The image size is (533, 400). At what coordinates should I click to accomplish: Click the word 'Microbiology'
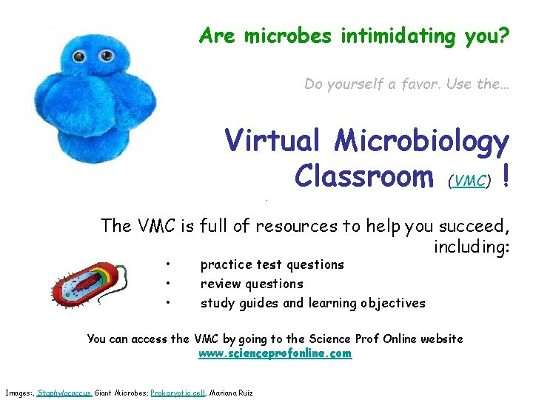(x=422, y=141)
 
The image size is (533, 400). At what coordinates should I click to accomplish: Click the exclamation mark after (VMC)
(x=504, y=176)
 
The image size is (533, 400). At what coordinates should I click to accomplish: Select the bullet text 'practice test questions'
(x=272, y=264)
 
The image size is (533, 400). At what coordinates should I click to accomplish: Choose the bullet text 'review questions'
(x=252, y=284)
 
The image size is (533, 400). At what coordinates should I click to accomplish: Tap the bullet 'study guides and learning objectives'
(x=312, y=302)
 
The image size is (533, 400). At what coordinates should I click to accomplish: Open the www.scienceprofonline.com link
(x=275, y=354)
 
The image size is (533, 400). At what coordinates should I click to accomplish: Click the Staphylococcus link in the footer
(x=64, y=392)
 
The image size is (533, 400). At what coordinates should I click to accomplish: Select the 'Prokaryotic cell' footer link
(x=178, y=392)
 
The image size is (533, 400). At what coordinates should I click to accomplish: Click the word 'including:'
(x=472, y=246)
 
